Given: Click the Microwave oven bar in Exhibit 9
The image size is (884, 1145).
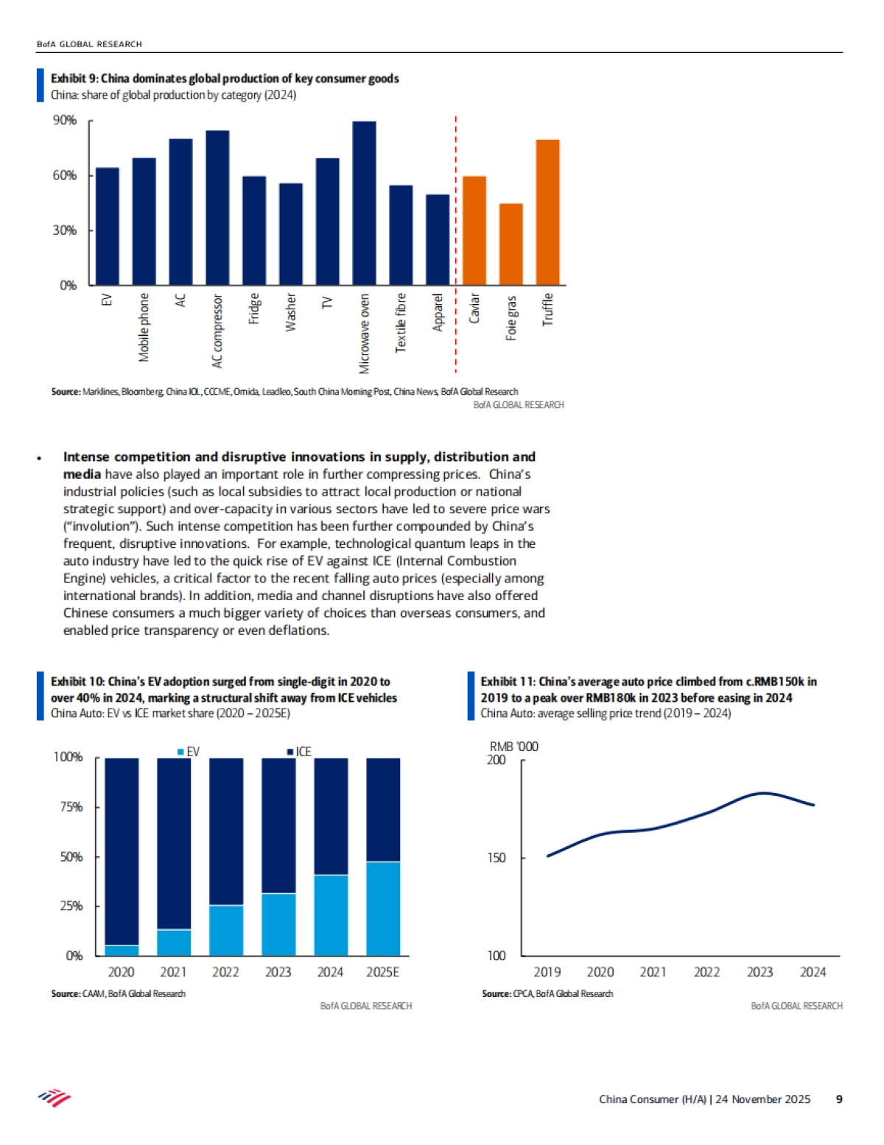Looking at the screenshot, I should (x=364, y=203).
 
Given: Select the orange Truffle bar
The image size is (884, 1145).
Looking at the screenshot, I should (x=547, y=212).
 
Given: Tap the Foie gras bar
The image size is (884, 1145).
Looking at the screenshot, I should (x=511, y=244).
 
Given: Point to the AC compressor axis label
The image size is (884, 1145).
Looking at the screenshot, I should (x=217, y=331).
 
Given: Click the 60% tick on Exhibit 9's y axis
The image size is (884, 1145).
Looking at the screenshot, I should (x=65, y=175).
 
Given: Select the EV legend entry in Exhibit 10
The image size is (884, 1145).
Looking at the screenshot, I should (x=189, y=752).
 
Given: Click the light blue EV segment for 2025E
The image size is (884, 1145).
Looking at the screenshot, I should (x=383, y=909).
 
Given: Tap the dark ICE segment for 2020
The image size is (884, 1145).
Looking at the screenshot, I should (x=122, y=850).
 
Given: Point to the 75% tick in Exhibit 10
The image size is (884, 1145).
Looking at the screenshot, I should (x=71, y=807).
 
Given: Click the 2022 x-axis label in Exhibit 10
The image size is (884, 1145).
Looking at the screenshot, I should (x=225, y=972).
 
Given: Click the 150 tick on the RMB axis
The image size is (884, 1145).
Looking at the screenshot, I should (x=497, y=858).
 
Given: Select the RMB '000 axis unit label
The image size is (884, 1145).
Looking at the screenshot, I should (x=513, y=747).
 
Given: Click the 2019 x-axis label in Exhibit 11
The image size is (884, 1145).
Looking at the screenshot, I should (x=547, y=972).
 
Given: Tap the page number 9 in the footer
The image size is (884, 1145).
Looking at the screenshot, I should (x=839, y=1099).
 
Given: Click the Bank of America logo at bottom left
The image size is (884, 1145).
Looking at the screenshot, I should (x=55, y=1099).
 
